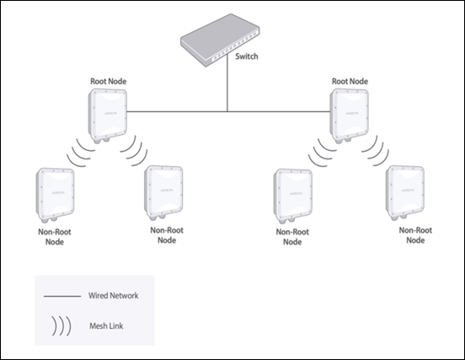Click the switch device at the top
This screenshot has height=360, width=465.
coord(221,48)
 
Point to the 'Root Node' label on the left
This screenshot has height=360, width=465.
coord(111,83)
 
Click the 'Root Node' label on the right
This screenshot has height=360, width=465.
coord(351,83)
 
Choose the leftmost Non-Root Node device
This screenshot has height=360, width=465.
coord(51,195)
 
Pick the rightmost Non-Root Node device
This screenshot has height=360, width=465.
coord(404,193)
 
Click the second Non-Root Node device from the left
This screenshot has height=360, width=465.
coord(163,193)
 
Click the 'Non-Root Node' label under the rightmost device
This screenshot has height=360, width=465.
coord(416,234)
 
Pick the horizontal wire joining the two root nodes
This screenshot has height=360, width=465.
coord(227,110)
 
